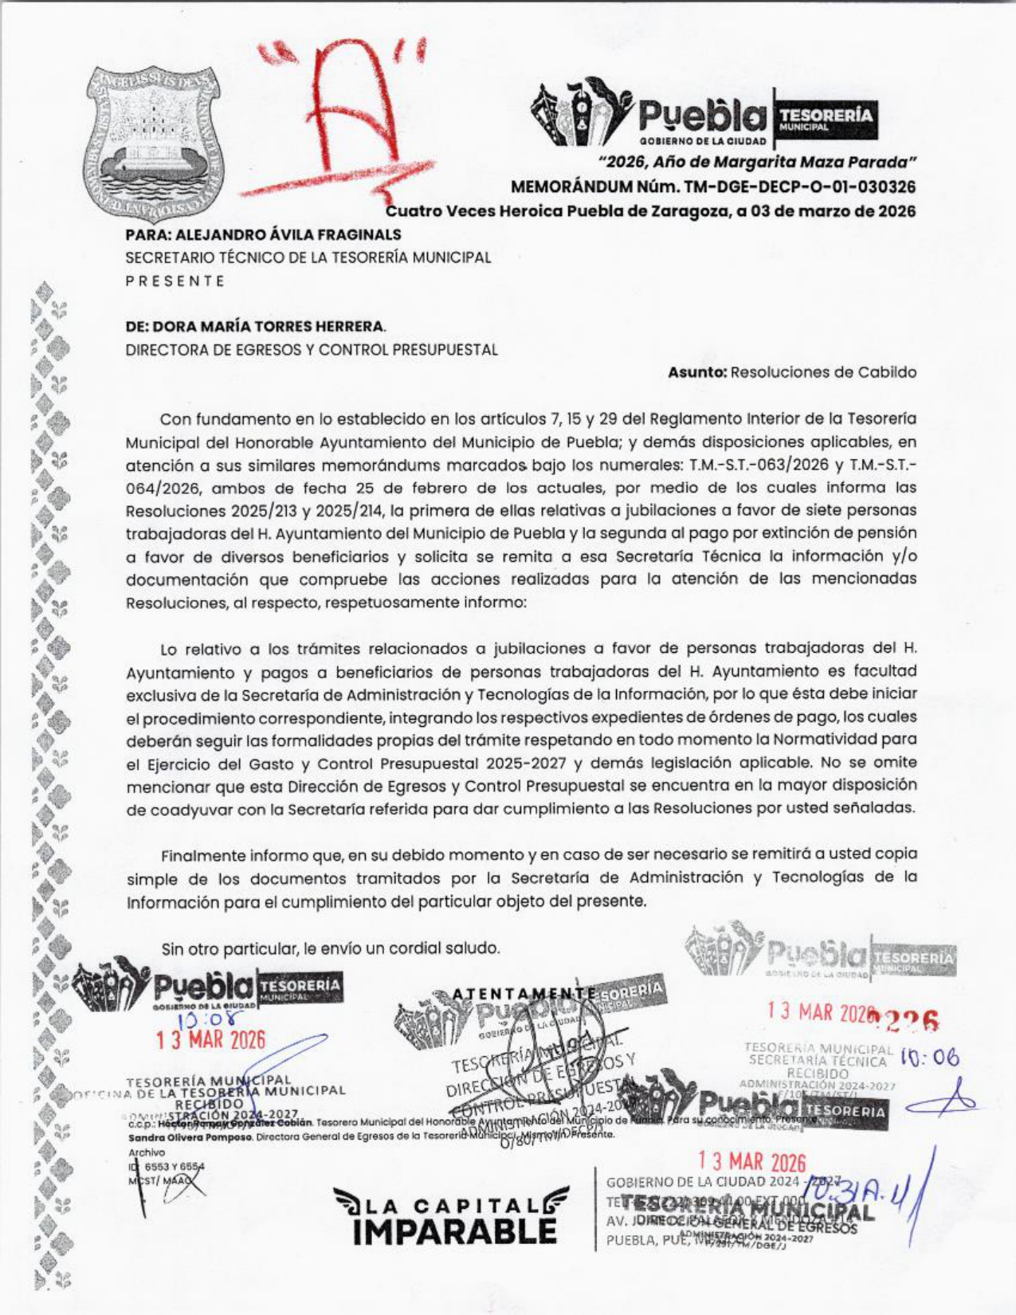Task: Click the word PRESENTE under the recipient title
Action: tap(175, 281)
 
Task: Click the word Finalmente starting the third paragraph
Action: tap(204, 855)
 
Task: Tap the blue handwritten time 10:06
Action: tap(929, 1058)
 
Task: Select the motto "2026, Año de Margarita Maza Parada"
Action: tap(757, 163)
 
